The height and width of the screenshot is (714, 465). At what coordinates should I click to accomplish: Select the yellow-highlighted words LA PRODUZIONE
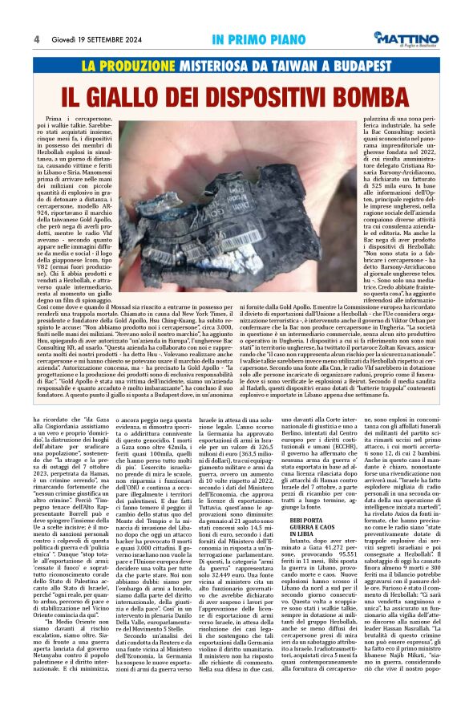pos(130,64)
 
